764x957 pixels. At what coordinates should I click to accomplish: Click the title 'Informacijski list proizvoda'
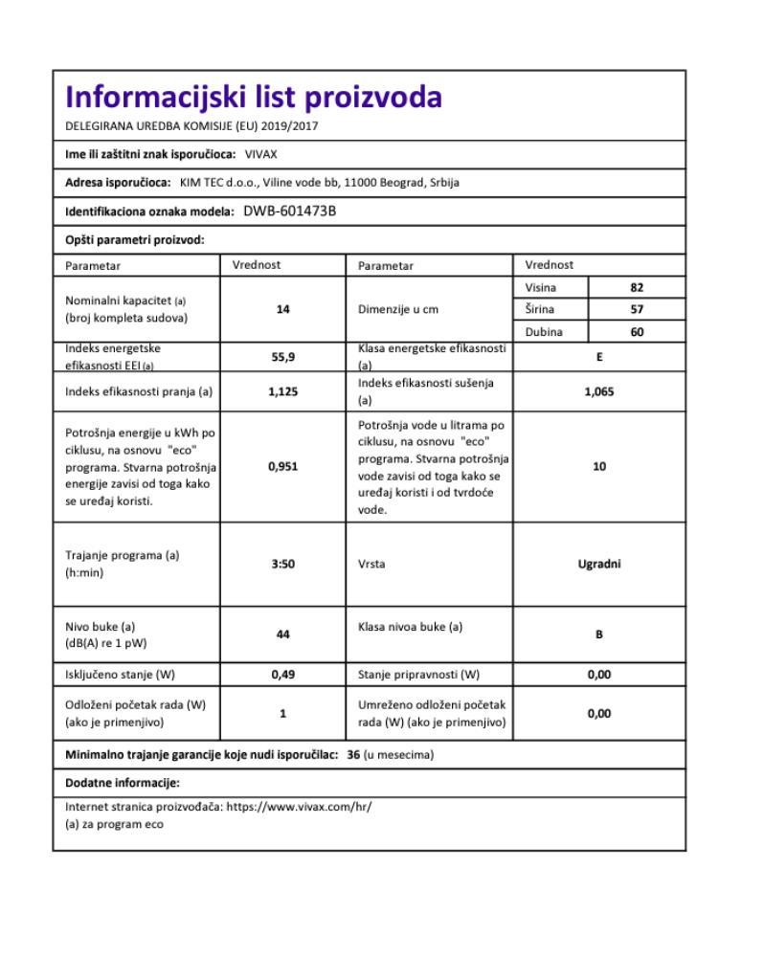253,99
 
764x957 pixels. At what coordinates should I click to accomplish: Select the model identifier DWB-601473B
289,211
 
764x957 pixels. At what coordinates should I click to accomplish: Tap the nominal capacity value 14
282,309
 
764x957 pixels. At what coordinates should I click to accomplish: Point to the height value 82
637,287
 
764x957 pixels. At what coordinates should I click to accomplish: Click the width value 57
637,309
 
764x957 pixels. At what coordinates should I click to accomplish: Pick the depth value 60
637,332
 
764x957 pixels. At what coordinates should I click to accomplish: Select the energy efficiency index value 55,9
282,358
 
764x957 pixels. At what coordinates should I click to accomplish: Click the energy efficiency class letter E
598,356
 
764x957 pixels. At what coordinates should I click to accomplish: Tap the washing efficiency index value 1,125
282,390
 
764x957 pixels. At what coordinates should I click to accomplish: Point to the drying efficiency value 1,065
598,390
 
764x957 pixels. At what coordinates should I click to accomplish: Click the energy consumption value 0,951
282,467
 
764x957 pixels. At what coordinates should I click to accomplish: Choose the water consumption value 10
598,467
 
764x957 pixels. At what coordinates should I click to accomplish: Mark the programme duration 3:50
282,564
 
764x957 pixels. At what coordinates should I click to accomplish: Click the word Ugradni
598,564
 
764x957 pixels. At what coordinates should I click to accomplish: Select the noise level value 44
282,634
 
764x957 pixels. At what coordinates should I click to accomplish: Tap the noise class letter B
598,634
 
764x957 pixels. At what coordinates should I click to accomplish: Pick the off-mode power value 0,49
282,675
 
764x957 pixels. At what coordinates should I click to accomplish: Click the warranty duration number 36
353,755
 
